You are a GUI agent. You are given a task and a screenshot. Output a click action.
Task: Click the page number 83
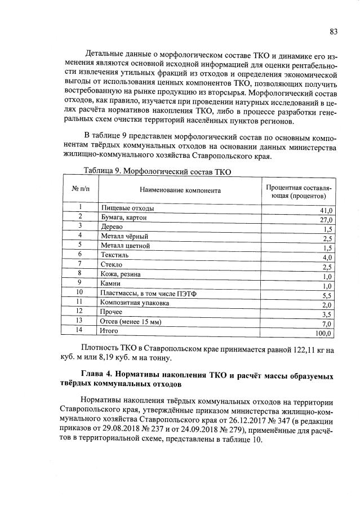(334, 32)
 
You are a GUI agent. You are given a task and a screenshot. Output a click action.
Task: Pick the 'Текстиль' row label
(114, 255)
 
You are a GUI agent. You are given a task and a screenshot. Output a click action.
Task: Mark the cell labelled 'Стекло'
(112, 264)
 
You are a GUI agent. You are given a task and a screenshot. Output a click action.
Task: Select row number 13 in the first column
(80, 320)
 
